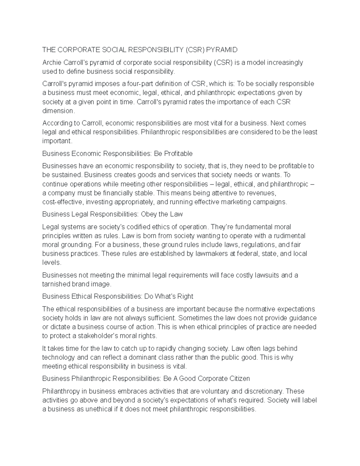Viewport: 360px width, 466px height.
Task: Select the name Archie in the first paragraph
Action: (52, 62)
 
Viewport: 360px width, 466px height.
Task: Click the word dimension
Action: (58, 111)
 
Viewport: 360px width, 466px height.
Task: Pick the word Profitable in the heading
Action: (178, 154)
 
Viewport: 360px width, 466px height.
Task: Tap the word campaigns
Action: (269, 202)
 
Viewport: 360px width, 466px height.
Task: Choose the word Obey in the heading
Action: (149, 214)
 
